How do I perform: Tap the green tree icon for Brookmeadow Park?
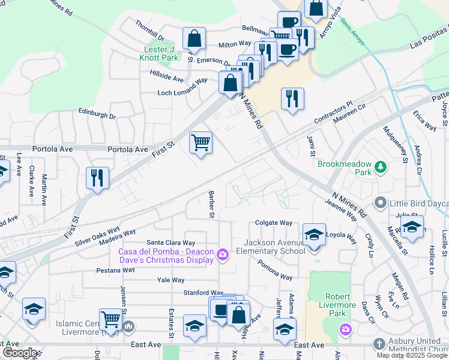tap(379, 166)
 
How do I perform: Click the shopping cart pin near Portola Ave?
tap(200, 143)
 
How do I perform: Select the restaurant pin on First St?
tap(97, 178)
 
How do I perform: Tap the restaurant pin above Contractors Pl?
tap(292, 98)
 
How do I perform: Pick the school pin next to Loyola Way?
tap(314, 234)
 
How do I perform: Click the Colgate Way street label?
tap(273, 222)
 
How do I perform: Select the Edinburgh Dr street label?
tap(97, 113)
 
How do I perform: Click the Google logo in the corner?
tap(19, 352)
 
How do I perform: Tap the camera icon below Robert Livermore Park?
tap(345, 329)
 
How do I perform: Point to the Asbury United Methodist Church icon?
tap(379, 344)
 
